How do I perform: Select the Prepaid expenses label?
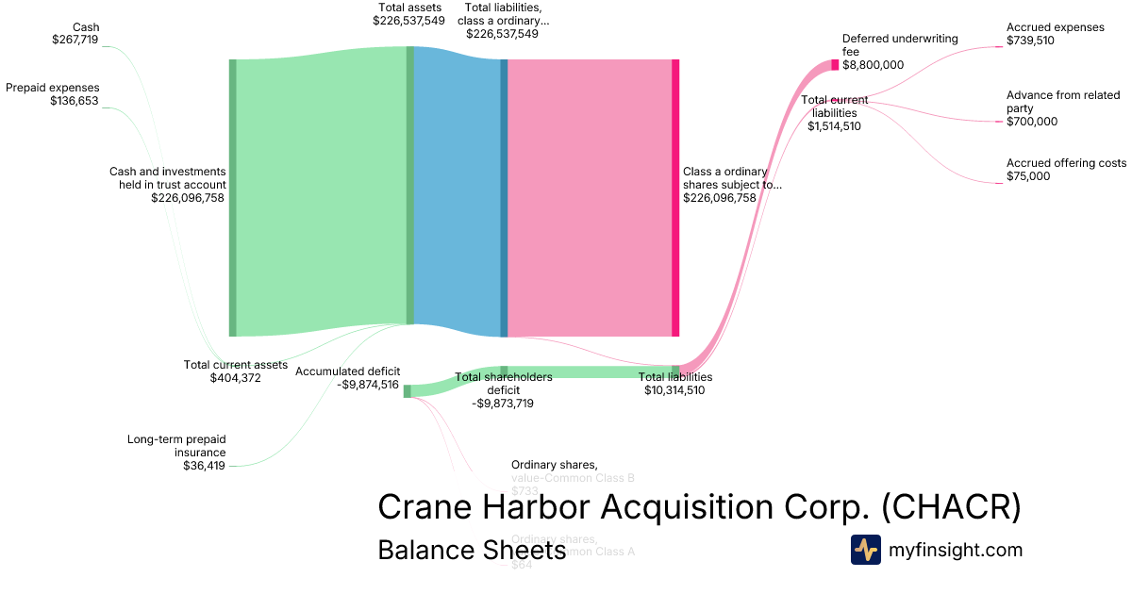[x=53, y=88]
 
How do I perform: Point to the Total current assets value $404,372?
[x=235, y=378]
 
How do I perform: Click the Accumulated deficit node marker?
[x=408, y=391]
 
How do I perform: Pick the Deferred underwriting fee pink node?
[x=835, y=65]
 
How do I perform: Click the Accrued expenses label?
[x=1055, y=27]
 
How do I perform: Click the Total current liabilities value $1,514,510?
[x=834, y=126]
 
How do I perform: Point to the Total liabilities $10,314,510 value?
[x=674, y=390]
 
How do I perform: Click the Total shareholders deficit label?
[x=503, y=384]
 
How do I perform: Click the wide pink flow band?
[x=590, y=198]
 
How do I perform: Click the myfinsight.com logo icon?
[x=865, y=550]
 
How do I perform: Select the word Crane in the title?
[x=427, y=506]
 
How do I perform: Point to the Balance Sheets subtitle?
[x=471, y=550]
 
